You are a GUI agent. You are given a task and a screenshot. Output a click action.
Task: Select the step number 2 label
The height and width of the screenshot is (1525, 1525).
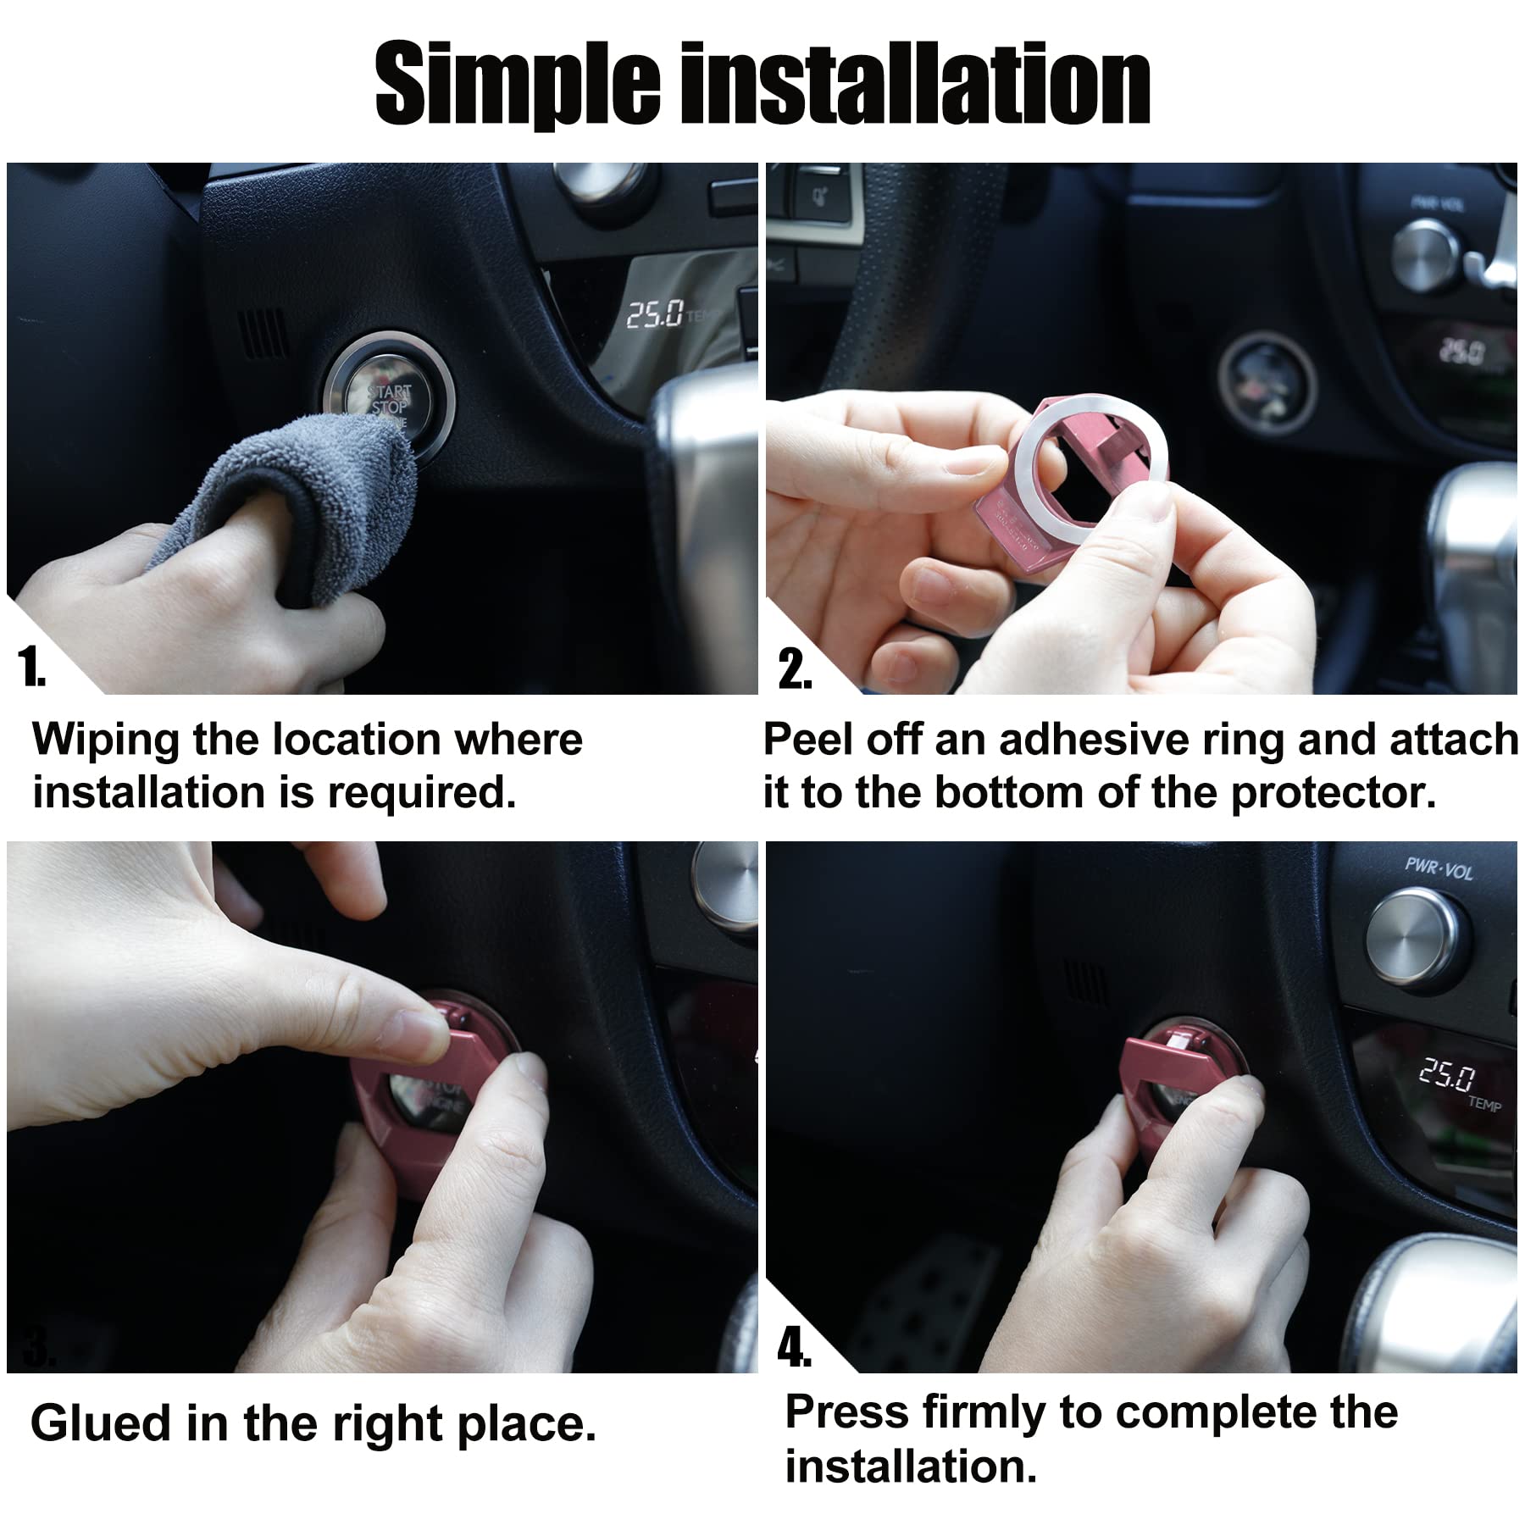(x=794, y=669)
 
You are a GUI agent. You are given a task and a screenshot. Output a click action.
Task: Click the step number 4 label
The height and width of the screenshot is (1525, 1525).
(x=794, y=1348)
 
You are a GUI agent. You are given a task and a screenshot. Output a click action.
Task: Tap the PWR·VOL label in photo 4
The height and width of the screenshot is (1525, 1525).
(x=1438, y=868)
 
